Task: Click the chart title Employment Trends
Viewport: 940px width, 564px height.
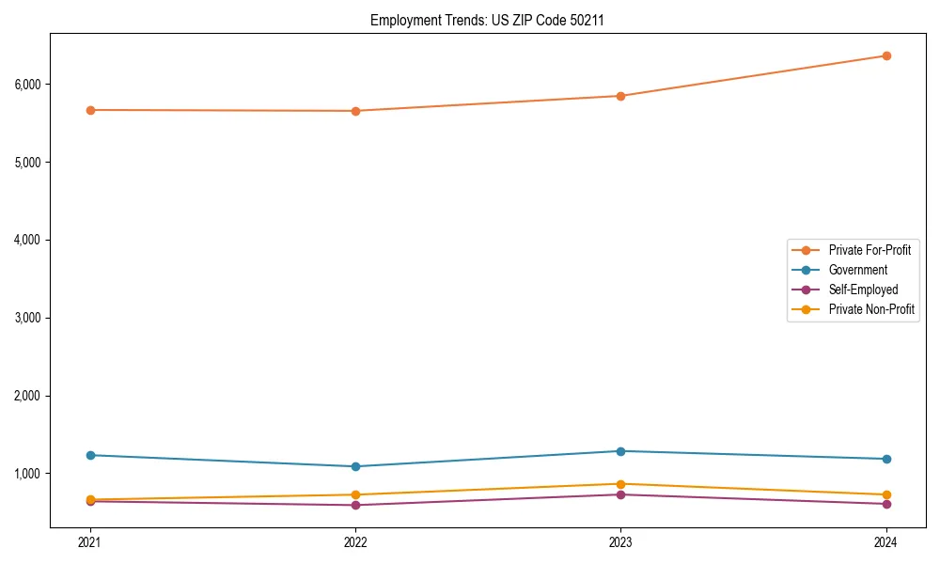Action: click(487, 20)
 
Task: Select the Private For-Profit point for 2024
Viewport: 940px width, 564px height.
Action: click(886, 55)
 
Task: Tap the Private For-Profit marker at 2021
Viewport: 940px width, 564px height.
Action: click(90, 110)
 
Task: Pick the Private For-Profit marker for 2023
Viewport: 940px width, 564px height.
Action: click(620, 96)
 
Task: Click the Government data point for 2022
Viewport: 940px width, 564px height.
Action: click(355, 466)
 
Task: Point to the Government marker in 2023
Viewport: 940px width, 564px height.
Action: click(620, 451)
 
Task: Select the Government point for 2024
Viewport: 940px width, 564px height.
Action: click(886, 459)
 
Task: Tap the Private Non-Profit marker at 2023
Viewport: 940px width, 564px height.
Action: click(620, 484)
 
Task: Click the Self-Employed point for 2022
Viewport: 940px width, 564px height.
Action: click(355, 505)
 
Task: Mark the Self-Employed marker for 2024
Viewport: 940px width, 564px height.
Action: click(886, 504)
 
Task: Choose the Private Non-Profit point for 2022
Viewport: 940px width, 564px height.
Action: click(355, 494)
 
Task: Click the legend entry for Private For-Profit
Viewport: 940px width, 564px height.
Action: click(869, 250)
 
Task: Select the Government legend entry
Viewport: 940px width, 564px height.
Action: click(857, 270)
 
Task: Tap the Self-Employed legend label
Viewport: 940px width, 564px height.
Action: click(863, 290)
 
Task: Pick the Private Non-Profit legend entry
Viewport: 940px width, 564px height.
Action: click(871, 309)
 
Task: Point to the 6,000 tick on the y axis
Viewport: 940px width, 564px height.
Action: click(26, 85)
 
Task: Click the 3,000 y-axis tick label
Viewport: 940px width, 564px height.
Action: click(26, 318)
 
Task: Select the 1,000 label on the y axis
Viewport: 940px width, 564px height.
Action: click(26, 474)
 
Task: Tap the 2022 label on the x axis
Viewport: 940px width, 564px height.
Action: click(355, 542)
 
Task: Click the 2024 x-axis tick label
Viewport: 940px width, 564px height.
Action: click(886, 542)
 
